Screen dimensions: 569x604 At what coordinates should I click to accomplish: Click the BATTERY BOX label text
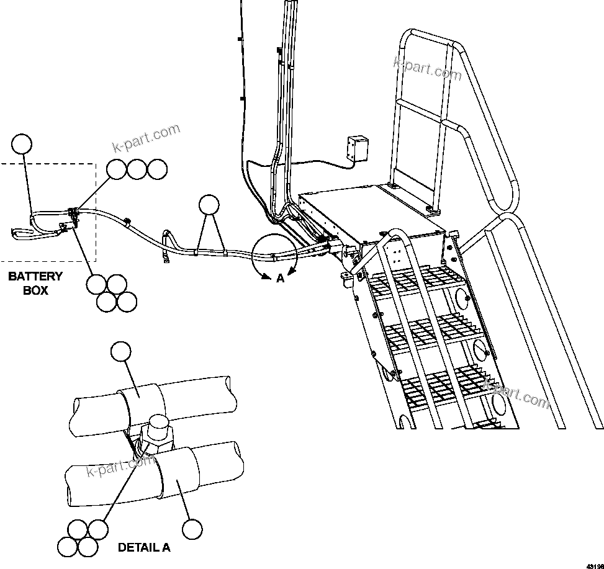pos(35,283)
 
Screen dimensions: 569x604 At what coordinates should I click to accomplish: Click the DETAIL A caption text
pos(144,548)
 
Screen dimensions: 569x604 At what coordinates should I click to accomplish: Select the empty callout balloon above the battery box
pos(22,143)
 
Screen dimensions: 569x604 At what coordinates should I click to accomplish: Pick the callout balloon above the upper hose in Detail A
pos(120,352)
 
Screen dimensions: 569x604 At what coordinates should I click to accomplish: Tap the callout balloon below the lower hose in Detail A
pos(192,529)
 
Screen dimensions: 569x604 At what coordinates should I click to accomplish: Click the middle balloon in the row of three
pos(137,169)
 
